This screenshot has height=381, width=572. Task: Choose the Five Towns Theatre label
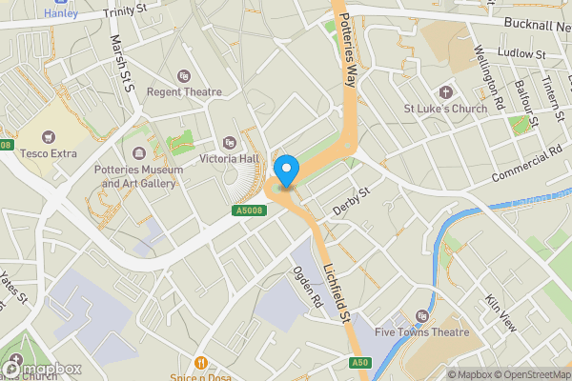pyautogui.click(x=422, y=331)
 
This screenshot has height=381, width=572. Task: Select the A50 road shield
pyautogui.click(x=358, y=362)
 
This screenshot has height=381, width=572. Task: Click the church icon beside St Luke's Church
pyautogui.click(x=445, y=92)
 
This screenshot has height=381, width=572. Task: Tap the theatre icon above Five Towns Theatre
pyautogui.click(x=423, y=315)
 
